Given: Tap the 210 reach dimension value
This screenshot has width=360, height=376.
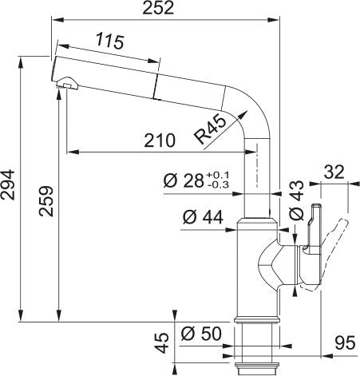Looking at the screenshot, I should click(x=160, y=141).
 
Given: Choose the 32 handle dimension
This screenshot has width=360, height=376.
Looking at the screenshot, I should click(x=334, y=172).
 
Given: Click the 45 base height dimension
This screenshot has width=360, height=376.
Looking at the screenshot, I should click(x=161, y=343).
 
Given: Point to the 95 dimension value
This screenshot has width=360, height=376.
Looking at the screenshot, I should click(x=345, y=344).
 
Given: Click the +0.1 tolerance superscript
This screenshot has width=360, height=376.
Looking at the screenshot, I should click(x=217, y=174).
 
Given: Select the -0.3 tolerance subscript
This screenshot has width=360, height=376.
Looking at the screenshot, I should click(x=217, y=185).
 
